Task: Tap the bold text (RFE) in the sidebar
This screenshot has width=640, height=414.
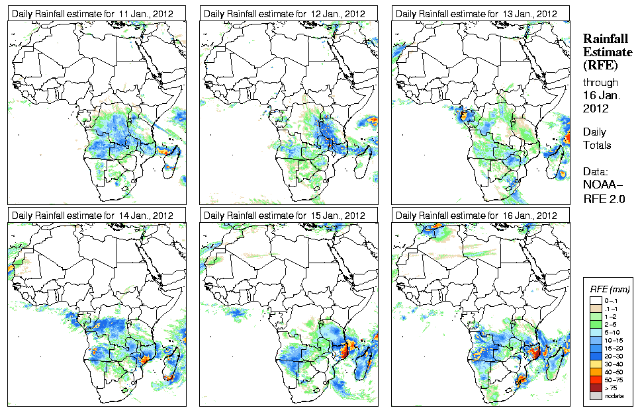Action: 600,65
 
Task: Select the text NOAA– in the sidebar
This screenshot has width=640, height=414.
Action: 602,185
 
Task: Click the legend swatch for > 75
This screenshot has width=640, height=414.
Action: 596,387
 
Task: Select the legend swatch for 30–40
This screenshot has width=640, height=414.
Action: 596,363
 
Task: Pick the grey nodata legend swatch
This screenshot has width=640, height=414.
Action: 596,395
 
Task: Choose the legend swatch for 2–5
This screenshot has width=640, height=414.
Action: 596,323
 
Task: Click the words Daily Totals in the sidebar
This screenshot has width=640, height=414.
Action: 597,138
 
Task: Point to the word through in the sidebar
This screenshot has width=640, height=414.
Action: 600,83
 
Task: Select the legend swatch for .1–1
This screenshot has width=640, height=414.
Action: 596,308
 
